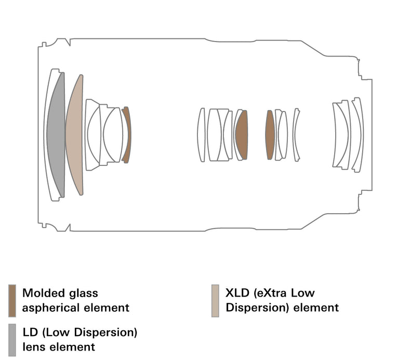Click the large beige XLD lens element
pos(74,135)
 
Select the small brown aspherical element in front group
pos(126,135)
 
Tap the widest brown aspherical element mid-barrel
pos(242,135)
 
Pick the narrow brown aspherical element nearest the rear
pos(269,135)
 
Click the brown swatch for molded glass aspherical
pos(12,300)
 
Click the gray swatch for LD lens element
pos(12,340)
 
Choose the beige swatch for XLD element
pos(215,300)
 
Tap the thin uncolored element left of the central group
pos(201,135)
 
